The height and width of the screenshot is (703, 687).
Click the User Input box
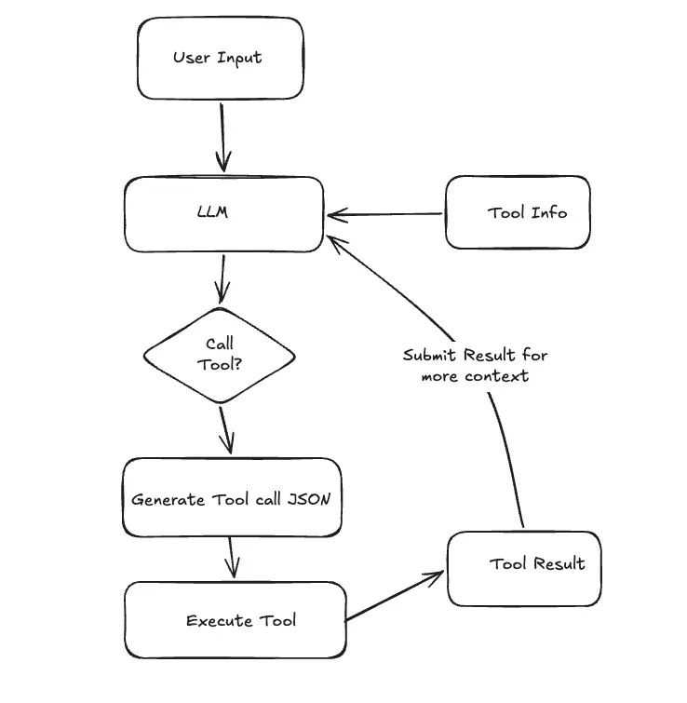(220, 58)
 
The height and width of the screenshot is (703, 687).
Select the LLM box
(223, 213)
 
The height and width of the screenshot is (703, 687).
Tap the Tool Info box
(518, 212)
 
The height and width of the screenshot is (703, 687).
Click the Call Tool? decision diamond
(220, 355)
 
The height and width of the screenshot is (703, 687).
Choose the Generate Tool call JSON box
(231, 498)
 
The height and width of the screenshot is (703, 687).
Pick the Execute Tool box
(236, 620)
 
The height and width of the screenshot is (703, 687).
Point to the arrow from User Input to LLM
(223, 135)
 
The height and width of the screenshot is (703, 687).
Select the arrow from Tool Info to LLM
(386, 215)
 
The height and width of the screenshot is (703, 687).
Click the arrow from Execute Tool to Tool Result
(396, 597)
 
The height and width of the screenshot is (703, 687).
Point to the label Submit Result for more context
(475, 366)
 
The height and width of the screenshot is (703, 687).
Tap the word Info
(548, 212)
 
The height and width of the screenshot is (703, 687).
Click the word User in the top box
(191, 58)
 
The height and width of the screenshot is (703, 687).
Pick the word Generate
(168, 499)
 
